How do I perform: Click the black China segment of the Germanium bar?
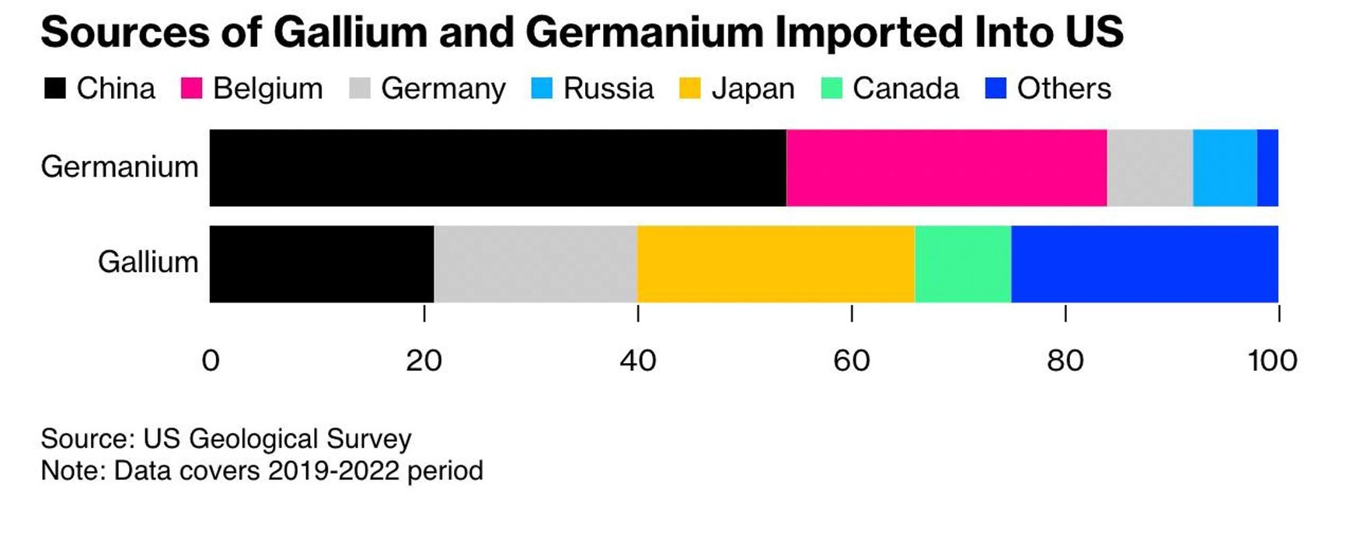pyautogui.click(x=497, y=168)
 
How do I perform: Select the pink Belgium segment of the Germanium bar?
pyautogui.click(x=947, y=168)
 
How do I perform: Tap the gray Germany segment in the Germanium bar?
pyautogui.click(x=1149, y=168)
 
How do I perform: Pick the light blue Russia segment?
pyautogui.click(x=1225, y=168)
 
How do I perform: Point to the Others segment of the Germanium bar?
pyautogui.click(x=1268, y=168)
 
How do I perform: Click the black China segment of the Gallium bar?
pyautogui.click(x=322, y=264)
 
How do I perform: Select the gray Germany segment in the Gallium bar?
pyautogui.click(x=535, y=264)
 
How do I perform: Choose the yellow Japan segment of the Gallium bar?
pyautogui.click(x=776, y=264)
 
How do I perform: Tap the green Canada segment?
pyautogui.click(x=963, y=264)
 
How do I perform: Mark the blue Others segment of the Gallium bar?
pyautogui.click(x=1145, y=264)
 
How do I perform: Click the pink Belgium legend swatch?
pyautogui.click(x=191, y=89)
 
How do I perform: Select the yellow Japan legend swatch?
pyautogui.click(x=689, y=89)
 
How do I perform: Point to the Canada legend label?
pyautogui.click(x=905, y=89)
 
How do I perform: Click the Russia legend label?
pyautogui.click(x=608, y=89)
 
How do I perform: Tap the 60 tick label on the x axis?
pyautogui.click(x=852, y=361)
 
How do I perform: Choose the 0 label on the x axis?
pyautogui.click(x=211, y=361)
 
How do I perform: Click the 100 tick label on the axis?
pyautogui.click(x=1273, y=361)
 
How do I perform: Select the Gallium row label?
pyautogui.click(x=148, y=263)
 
